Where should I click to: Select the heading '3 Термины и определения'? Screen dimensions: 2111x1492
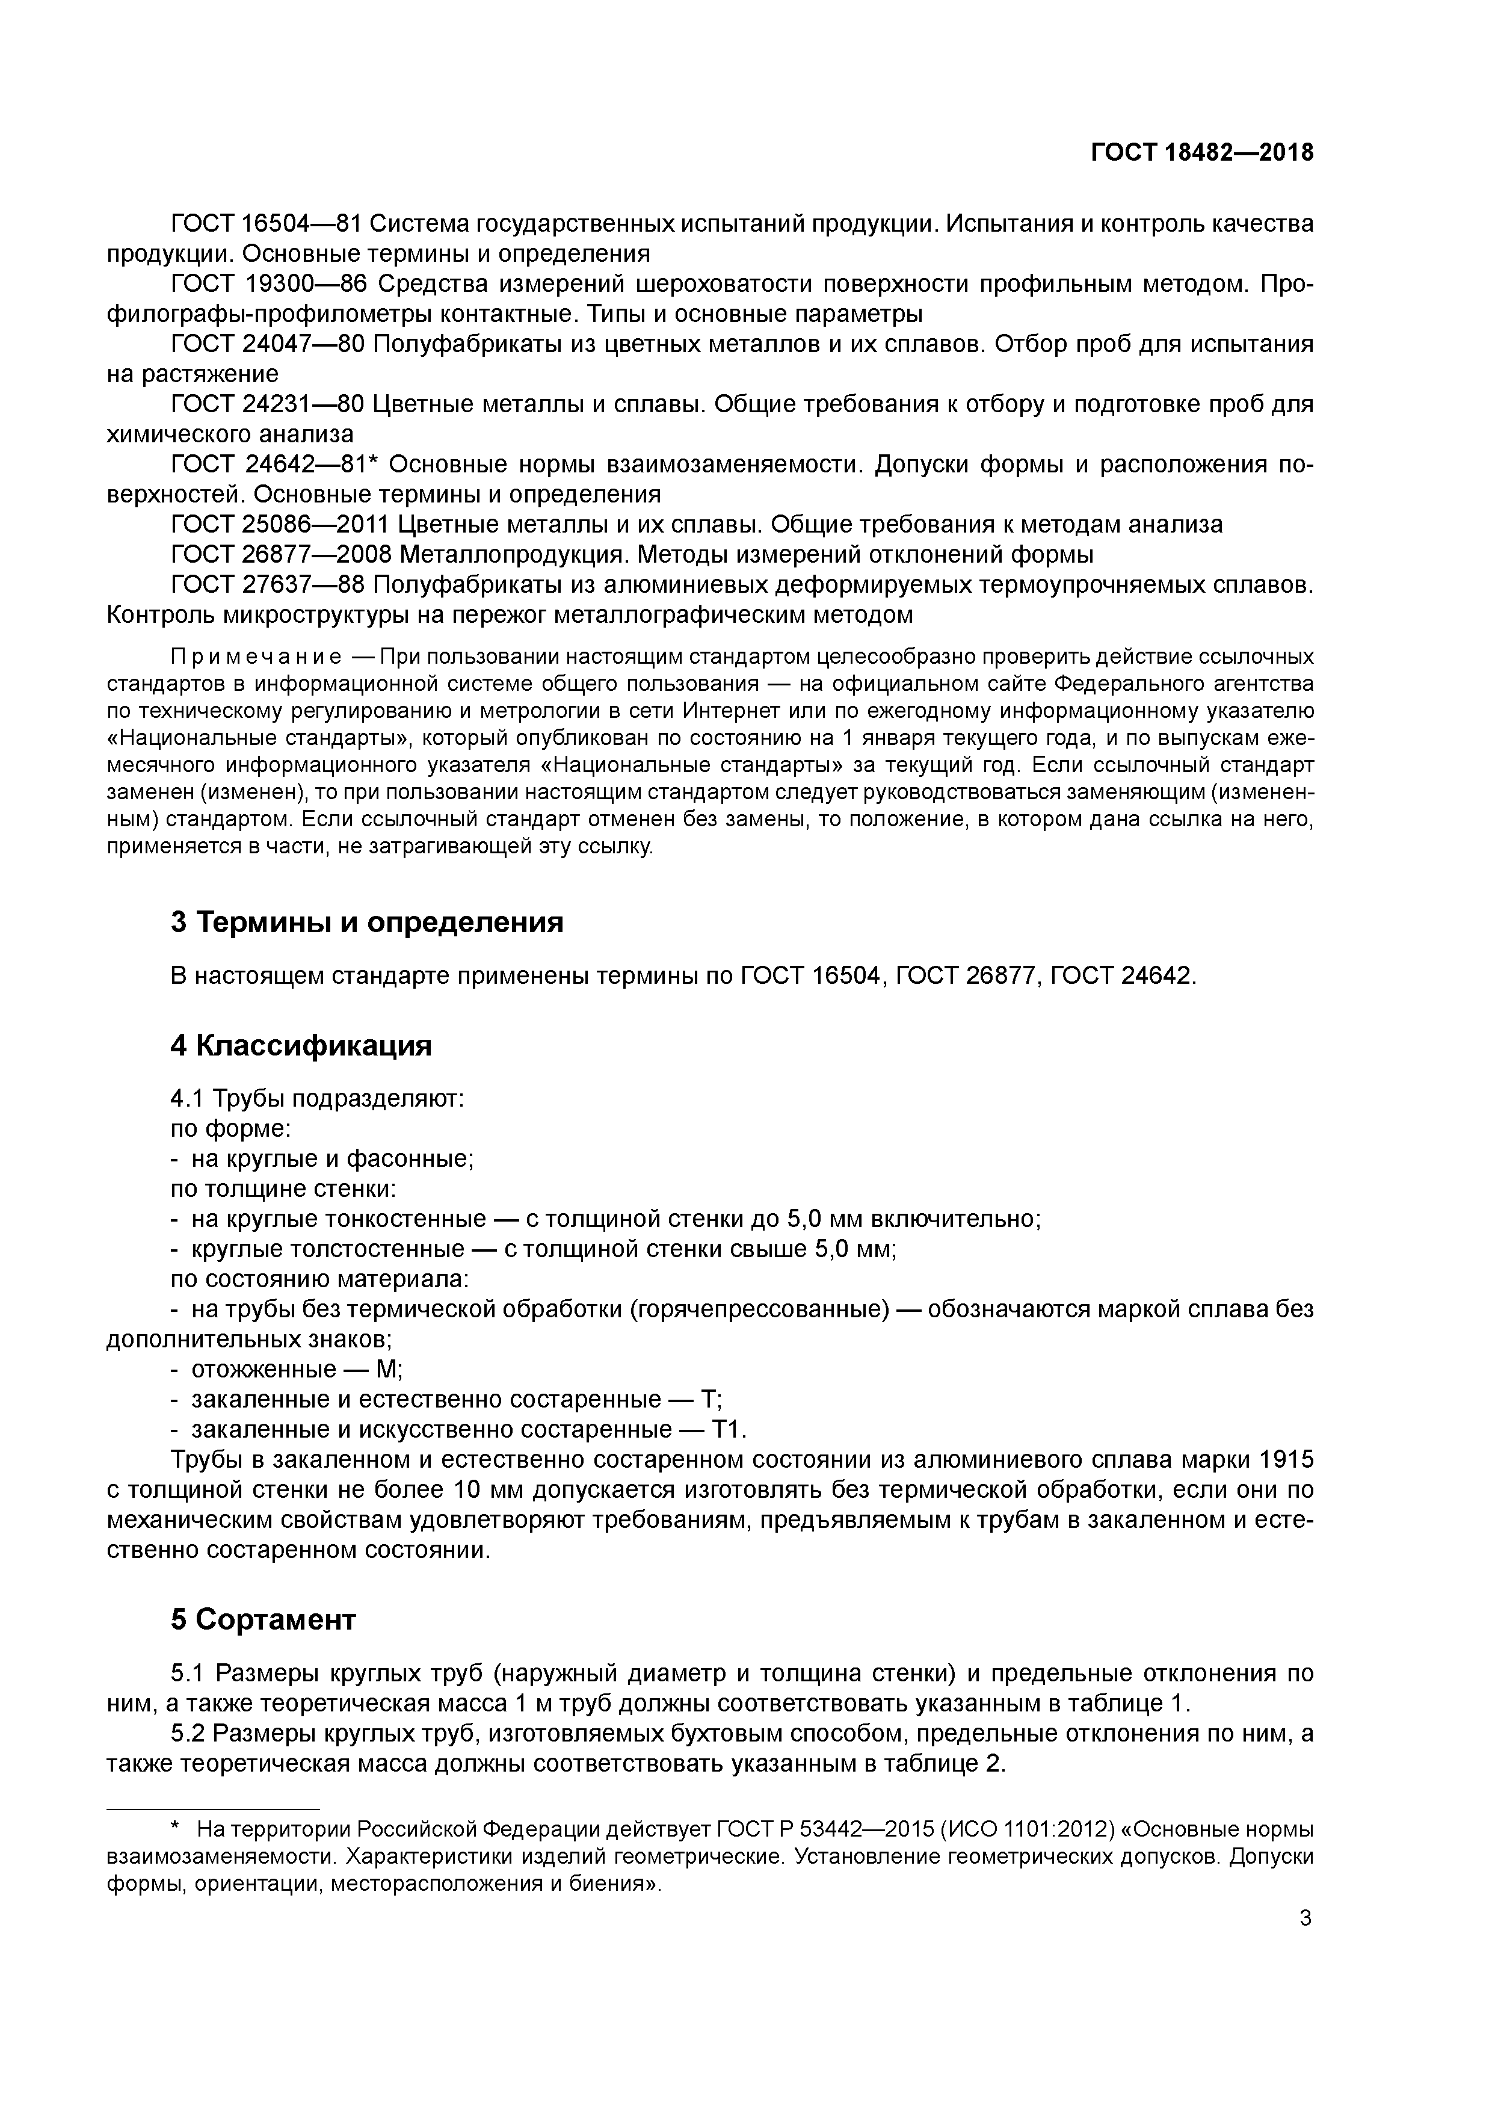tap(367, 921)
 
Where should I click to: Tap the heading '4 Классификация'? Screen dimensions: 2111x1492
tap(301, 1045)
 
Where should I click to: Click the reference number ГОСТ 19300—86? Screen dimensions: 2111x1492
tap(268, 284)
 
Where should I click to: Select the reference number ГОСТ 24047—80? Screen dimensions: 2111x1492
tap(268, 344)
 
